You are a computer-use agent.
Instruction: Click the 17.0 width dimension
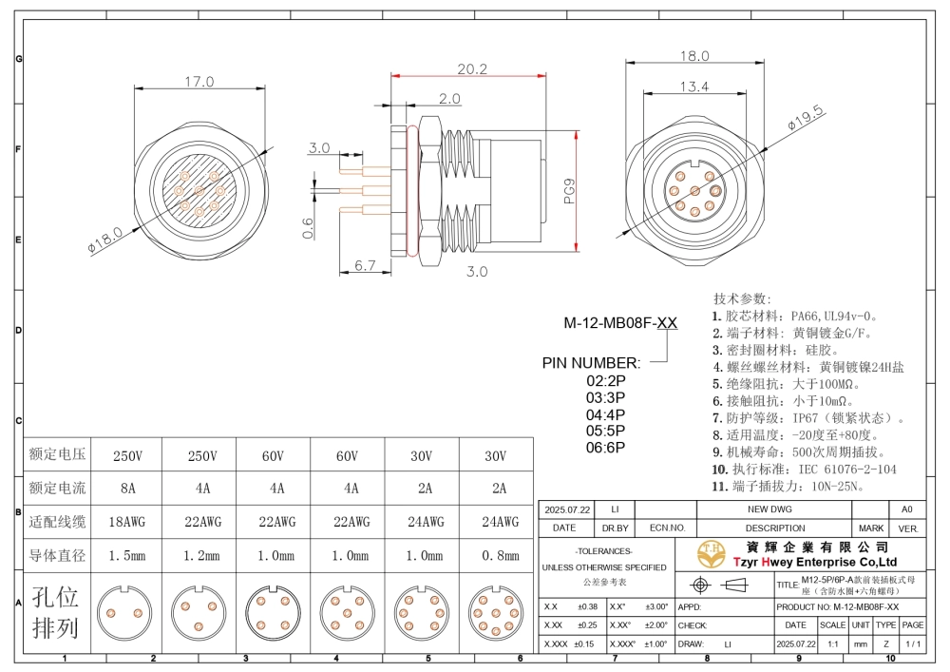coord(199,83)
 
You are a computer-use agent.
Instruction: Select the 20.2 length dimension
coord(472,69)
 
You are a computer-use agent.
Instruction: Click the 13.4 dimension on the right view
coord(693,87)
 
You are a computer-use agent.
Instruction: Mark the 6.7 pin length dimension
coord(366,265)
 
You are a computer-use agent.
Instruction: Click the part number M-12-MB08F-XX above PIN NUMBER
coord(620,323)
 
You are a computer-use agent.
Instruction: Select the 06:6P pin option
coord(605,448)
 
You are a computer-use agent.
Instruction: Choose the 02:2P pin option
coord(605,380)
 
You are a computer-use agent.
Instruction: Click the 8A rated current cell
coord(126,489)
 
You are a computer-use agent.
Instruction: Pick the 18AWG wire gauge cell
coord(126,522)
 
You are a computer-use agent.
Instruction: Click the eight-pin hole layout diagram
coord(496,611)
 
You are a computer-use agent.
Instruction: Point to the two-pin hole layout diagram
coord(126,611)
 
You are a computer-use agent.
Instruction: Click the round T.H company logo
coord(709,552)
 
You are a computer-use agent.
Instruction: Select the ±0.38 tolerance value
coord(587,606)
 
